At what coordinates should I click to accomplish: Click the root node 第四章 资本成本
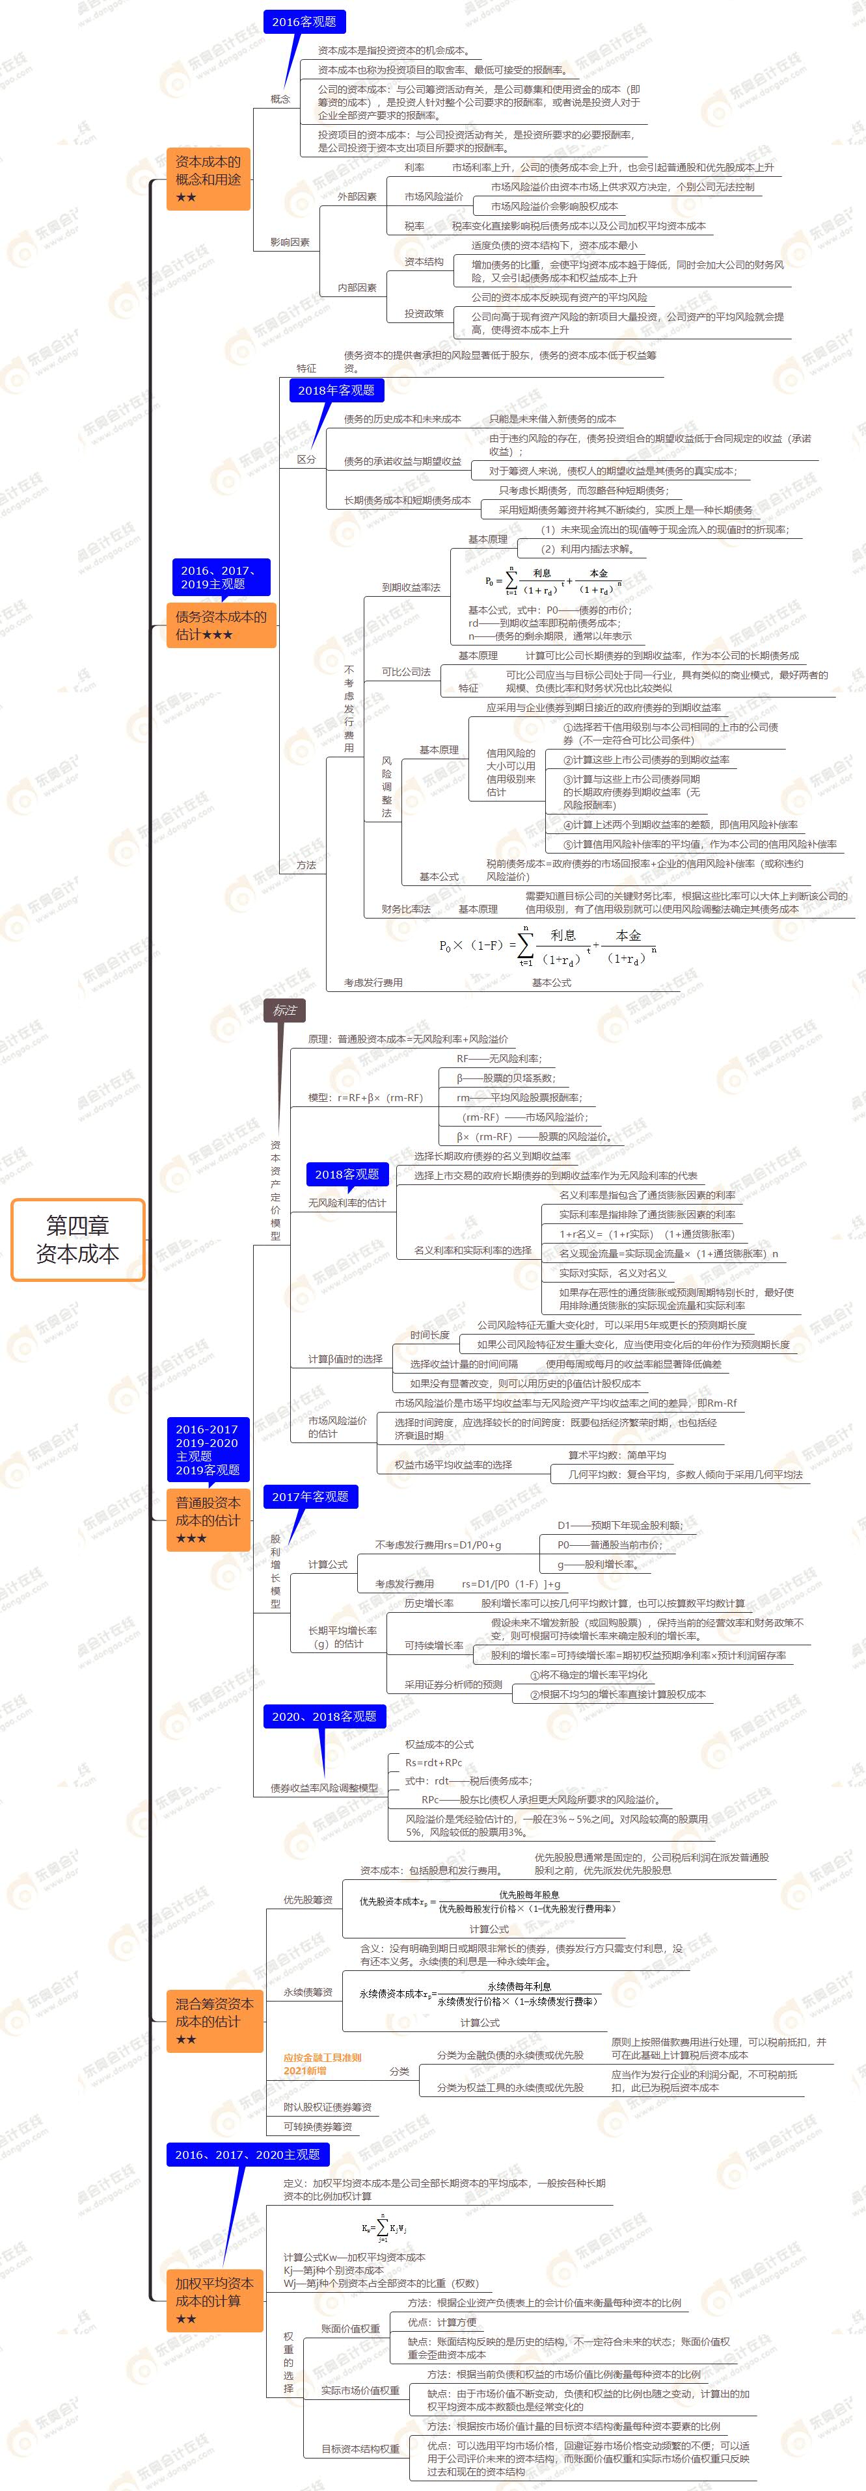click(x=77, y=1240)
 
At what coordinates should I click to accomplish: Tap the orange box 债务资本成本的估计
click(x=221, y=625)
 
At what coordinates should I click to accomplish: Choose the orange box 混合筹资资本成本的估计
click(x=215, y=2021)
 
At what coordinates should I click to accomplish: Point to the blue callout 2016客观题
click(x=304, y=21)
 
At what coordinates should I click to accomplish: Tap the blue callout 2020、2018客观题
click(x=323, y=1715)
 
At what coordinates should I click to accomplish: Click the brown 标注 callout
click(x=284, y=1010)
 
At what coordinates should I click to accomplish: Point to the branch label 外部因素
click(x=357, y=196)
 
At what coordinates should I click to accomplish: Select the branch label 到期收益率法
click(x=411, y=587)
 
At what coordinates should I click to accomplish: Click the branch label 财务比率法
click(x=405, y=909)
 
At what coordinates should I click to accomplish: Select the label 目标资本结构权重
click(x=360, y=2449)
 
